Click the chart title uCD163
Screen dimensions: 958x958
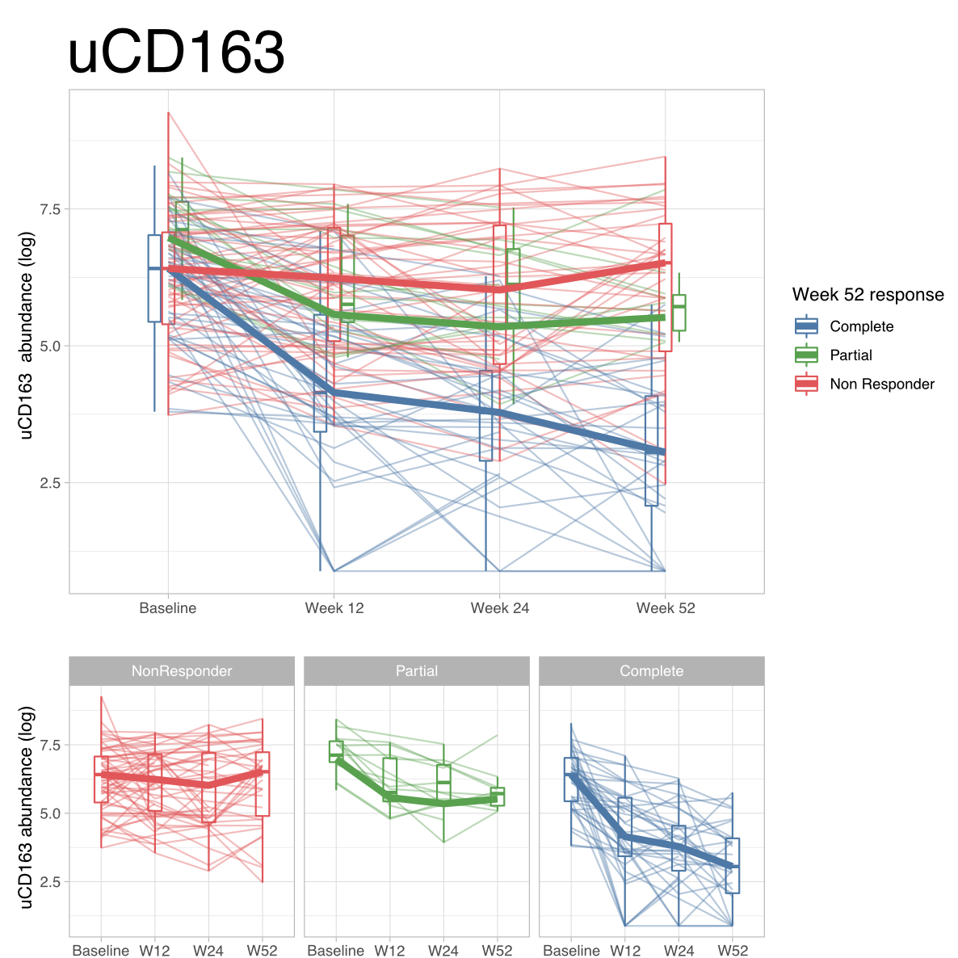click(176, 53)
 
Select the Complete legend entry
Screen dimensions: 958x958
click(861, 326)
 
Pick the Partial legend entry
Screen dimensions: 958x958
click(851, 355)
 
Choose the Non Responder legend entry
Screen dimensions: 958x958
click(881, 384)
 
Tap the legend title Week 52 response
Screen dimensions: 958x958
click(868, 295)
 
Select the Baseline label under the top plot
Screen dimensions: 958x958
click(168, 608)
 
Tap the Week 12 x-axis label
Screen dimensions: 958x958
click(334, 608)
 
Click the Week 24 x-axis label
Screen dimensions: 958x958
click(500, 608)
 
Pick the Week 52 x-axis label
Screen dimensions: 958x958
click(666, 608)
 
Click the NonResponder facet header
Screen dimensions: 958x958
click(182, 671)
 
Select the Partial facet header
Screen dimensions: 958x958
click(417, 671)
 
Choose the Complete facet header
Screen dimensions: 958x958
click(651, 671)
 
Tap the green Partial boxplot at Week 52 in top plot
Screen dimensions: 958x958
click(679, 313)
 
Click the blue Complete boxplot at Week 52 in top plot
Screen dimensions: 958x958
click(651, 451)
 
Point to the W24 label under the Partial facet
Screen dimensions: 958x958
click(443, 951)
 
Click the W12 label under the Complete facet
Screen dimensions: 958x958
click(624, 951)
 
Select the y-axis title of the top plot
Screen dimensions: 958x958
click(27, 336)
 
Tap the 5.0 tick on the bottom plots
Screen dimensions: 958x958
click(50, 813)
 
